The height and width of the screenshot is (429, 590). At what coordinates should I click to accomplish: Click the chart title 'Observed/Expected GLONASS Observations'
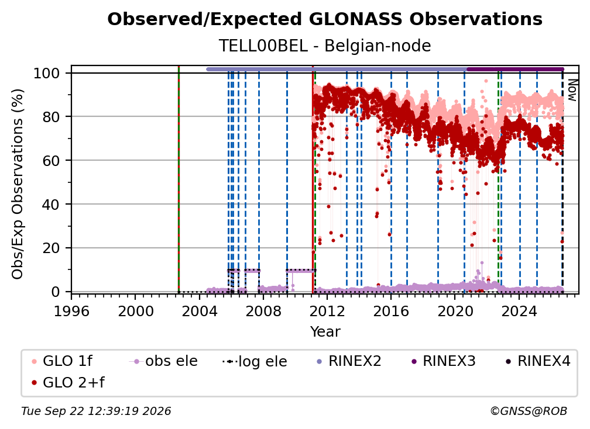pyautogui.click(x=325, y=19)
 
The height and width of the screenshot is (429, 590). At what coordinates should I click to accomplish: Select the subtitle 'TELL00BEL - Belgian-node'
pyautogui.click(x=325, y=46)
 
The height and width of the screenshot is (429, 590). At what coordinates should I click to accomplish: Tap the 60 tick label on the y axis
pyautogui.click(x=51, y=160)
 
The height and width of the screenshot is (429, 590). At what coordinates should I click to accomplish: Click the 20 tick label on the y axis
pyautogui.click(x=51, y=248)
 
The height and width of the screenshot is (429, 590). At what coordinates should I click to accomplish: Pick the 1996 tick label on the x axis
pyautogui.click(x=71, y=311)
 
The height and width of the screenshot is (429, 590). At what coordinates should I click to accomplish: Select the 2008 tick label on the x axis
pyautogui.click(x=263, y=311)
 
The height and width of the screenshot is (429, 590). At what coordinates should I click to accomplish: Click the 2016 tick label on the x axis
pyautogui.click(x=391, y=311)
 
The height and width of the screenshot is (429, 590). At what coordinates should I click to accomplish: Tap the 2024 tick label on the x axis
pyautogui.click(x=519, y=311)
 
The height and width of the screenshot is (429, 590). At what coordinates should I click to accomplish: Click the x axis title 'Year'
pyautogui.click(x=325, y=332)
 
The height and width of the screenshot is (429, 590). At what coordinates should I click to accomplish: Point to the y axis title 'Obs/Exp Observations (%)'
pyautogui.click(x=18, y=184)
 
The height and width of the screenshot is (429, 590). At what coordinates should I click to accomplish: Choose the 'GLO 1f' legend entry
pyautogui.click(x=62, y=361)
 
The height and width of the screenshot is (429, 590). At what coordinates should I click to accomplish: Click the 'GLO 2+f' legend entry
pyautogui.click(x=68, y=382)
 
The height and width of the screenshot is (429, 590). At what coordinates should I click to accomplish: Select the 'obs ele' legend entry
pyautogui.click(x=163, y=361)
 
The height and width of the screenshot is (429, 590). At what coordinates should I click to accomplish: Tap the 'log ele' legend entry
pyautogui.click(x=255, y=361)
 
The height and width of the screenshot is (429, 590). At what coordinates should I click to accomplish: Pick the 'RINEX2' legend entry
pyautogui.click(x=349, y=361)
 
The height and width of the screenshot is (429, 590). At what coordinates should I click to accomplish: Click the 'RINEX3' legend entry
pyautogui.click(x=443, y=361)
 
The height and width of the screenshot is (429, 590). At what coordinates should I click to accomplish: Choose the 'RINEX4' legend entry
pyautogui.click(x=538, y=361)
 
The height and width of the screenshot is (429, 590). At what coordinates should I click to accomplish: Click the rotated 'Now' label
pyautogui.click(x=572, y=90)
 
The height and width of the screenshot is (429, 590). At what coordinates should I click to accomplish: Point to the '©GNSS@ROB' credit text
pyautogui.click(x=529, y=411)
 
